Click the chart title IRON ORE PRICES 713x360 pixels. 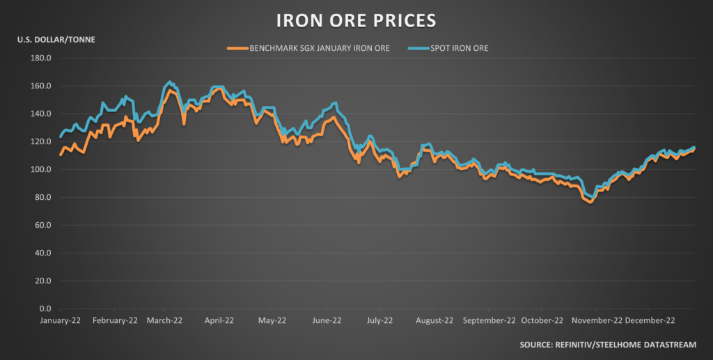(356, 19)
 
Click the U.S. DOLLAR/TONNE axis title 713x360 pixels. (56, 39)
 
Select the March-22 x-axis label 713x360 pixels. (164, 322)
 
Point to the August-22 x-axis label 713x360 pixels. (434, 322)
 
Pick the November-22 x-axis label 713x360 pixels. (595, 322)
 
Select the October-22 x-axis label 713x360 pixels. (542, 322)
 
